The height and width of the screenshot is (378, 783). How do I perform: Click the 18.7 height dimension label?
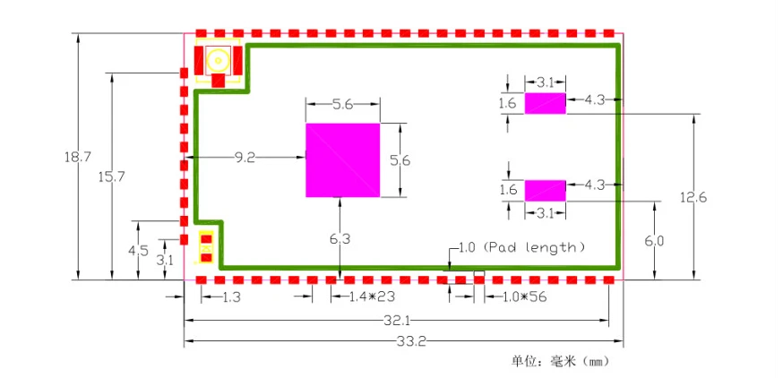[78, 157]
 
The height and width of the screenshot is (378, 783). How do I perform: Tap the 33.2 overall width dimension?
[404, 341]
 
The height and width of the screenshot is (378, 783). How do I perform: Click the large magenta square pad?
[342, 159]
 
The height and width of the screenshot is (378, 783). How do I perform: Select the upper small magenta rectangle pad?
[545, 103]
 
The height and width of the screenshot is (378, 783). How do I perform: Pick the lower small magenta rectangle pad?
[545, 190]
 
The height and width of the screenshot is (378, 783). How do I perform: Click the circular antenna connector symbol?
[217, 62]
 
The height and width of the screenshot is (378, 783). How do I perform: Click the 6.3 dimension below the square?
[340, 238]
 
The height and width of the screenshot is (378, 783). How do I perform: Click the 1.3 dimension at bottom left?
[231, 296]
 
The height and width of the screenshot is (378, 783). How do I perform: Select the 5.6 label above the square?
[342, 105]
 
